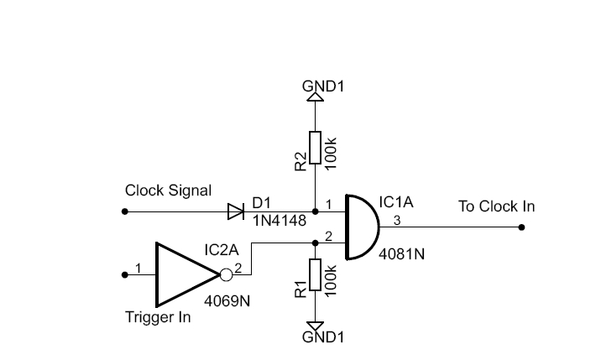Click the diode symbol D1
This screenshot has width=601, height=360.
(x=236, y=211)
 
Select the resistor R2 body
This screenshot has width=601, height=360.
(x=315, y=148)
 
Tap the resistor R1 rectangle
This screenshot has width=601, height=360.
(x=315, y=275)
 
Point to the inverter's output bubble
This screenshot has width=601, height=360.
(x=226, y=275)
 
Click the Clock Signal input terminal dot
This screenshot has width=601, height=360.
(x=124, y=211)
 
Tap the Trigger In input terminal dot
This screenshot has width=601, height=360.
(x=124, y=275)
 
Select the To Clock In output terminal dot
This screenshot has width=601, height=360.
(x=521, y=227)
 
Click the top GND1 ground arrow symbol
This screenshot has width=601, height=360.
(x=315, y=97)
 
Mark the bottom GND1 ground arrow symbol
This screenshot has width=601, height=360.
(x=315, y=326)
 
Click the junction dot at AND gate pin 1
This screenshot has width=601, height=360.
(x=315, y=211)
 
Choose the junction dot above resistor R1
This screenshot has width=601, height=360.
(x=315, y=243)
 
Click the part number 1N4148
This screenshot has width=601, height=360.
(x=280, y=221)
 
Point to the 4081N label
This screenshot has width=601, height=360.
(x=402, y=254)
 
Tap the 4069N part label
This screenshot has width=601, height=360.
(x=227, y=301)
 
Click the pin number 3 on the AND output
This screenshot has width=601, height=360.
(x=397, y=221)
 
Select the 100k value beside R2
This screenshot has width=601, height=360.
(x=331, y=154)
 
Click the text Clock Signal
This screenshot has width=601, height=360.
(x=168, y=191)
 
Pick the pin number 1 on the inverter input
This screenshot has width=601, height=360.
(x=138, y=268)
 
